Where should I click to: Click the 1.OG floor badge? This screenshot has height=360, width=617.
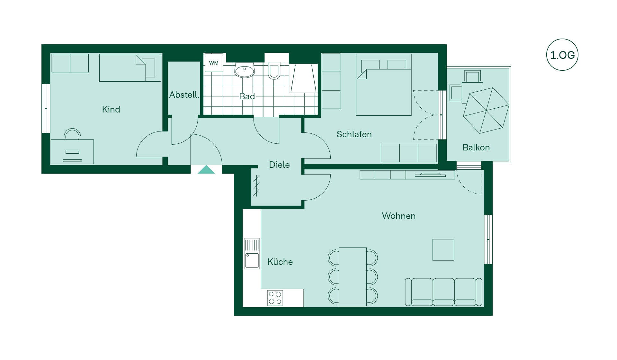point(562,55)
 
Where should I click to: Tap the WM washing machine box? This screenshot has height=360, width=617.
point(214,63)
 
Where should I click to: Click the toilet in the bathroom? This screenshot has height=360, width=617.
point(274,70)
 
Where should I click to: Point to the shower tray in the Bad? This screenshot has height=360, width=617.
point(303,78)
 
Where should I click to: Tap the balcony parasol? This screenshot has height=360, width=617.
point(486,110)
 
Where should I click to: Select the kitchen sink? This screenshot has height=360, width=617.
point(252,253)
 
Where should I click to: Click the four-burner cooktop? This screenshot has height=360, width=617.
point(275,298)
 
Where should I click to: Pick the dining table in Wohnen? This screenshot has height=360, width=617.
point(353,277)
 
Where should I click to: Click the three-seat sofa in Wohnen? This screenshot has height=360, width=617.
point(443,292)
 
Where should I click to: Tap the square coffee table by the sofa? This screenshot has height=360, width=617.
point(443,250)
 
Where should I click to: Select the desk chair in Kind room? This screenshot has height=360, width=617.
point(72,134)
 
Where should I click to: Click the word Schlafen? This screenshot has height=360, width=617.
point(354,134)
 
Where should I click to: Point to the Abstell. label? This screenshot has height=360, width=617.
point(184,95)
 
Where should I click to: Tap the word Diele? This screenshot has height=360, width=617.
point(279,165)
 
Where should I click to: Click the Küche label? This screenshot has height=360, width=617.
point(280,262)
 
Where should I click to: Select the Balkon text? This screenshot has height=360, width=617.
point(476,148)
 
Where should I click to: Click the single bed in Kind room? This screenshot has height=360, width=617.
point(130,67)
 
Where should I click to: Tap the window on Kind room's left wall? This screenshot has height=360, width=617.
point(46,109)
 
